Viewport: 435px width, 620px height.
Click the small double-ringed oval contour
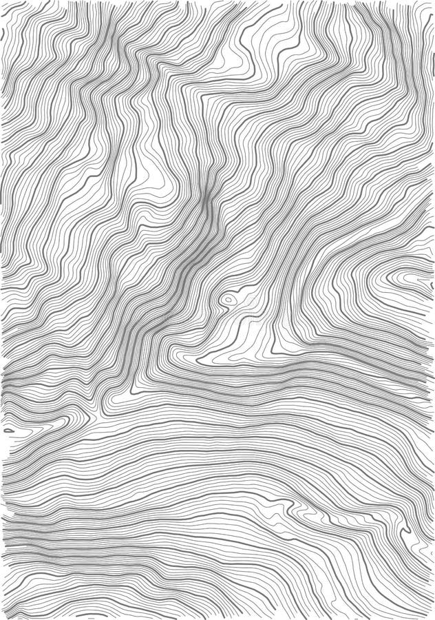[x=227, y=300]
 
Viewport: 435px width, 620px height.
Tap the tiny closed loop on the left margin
[x=8, y=431]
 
